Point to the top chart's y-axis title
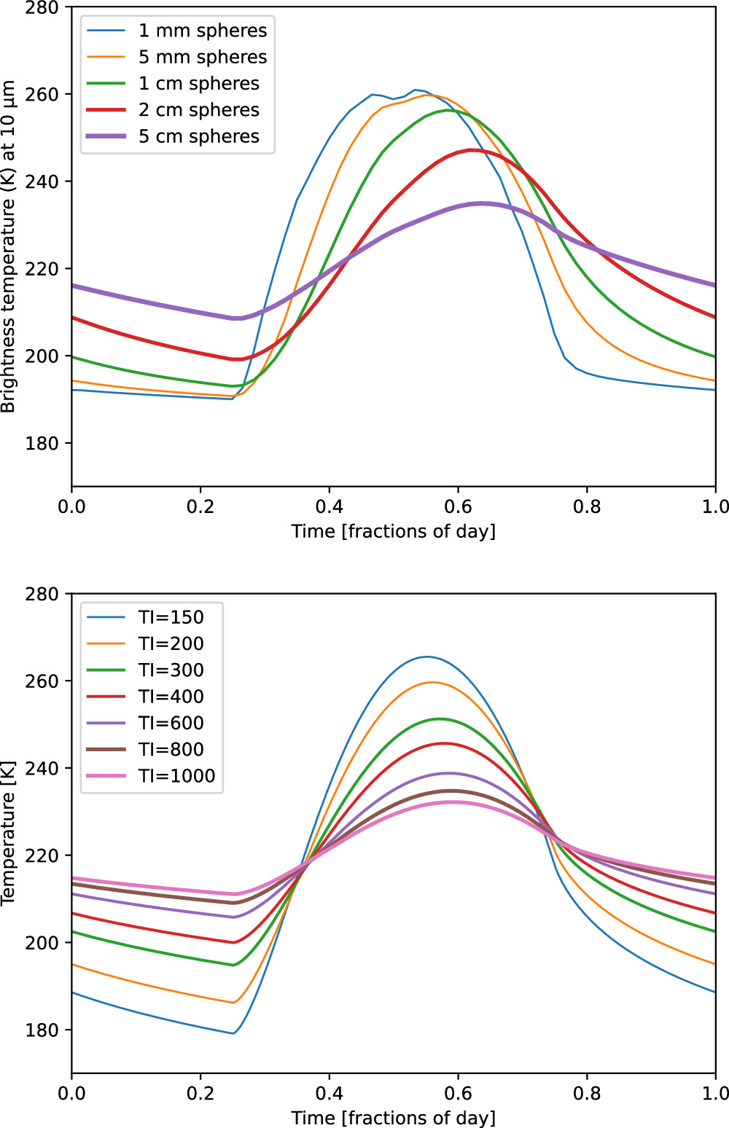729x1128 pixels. point(9,246)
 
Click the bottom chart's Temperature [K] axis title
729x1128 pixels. point(9,847)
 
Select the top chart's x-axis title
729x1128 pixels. point(393,531)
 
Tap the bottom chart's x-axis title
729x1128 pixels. point(393,1118)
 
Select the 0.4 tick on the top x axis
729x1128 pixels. point(329,506)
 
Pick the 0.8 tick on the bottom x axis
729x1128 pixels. point(586,1092)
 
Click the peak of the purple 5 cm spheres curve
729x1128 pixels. point(480,203)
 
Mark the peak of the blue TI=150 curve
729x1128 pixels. point(427,657)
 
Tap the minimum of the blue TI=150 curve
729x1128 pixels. point(233,1033)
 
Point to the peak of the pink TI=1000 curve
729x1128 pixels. point(452,802)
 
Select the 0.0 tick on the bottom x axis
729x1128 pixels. point(71,1092)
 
